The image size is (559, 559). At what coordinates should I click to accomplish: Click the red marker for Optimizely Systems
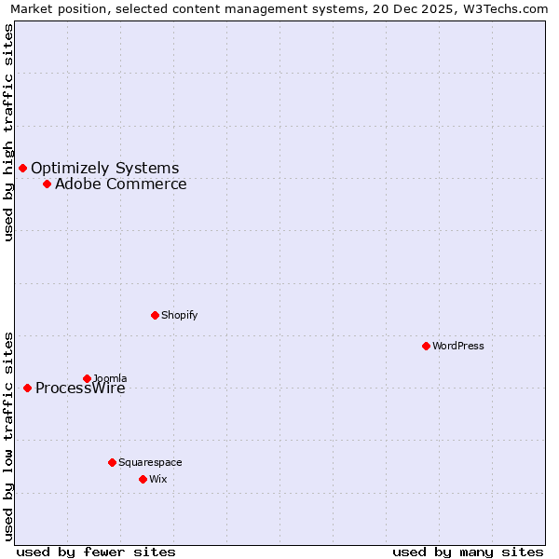point(22,168)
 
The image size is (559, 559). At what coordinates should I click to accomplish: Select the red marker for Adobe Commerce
point(47,184)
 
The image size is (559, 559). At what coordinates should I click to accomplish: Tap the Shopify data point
point(155,315)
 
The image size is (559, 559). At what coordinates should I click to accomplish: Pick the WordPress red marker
point(426,346)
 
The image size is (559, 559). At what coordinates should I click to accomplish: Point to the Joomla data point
point(87,378)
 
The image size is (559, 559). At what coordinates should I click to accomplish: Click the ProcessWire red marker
point(27,388)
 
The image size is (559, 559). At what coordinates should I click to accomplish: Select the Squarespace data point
point(112,462)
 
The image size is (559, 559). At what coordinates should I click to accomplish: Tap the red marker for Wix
point(143,479)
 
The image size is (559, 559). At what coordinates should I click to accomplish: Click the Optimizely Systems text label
point(104,168)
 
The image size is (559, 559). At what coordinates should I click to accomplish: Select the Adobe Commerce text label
point(120,184)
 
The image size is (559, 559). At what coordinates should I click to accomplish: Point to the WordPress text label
point(457,346)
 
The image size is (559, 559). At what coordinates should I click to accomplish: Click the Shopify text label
point(179,315)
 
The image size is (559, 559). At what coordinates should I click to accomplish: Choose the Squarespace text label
point(150,462)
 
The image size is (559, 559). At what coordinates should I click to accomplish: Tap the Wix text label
point(157,479)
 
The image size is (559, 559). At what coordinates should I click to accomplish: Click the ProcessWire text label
point(80,389)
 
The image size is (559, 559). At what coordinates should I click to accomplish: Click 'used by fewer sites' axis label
point(96,552)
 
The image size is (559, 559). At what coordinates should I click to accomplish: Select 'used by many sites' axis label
point(468,552)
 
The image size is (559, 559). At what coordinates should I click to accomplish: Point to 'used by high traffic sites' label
point(8,132)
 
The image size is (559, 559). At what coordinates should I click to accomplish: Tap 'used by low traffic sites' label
point(8,435)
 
